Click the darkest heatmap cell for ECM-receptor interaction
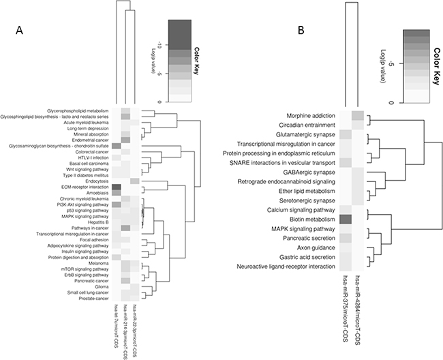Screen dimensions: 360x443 pyautogui.click(x=116, y=187)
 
